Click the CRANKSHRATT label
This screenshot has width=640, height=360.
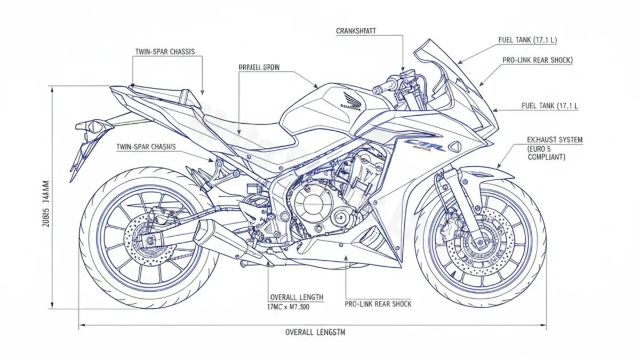tap(356, 31)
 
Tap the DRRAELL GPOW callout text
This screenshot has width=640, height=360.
tap(259, 68)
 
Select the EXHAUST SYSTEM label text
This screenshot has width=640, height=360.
tap(555, 140)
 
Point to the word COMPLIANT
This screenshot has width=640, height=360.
tap(547, 157)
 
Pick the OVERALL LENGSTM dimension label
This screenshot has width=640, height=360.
tap(315, 332)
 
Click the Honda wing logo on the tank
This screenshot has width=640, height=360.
tap(349, 100)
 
